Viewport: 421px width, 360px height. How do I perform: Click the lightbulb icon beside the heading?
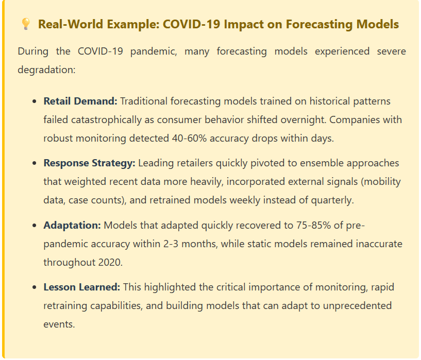point(25,24)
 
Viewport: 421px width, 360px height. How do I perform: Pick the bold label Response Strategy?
point(89,163)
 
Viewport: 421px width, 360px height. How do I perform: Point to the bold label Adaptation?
point(72,225)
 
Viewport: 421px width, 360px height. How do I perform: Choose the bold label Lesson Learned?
point(82,287)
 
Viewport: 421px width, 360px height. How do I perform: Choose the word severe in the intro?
point(388,51)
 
